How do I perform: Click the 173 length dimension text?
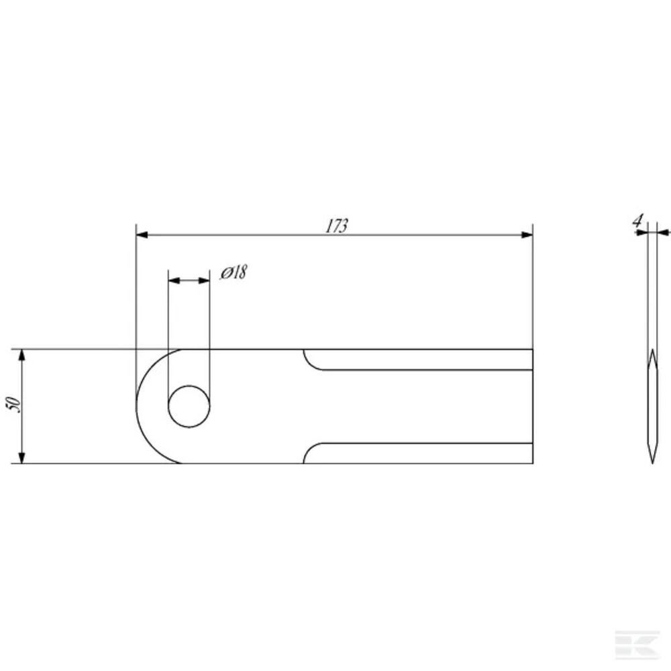(x=337, y=226)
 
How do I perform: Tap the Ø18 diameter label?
(x=234, y=272)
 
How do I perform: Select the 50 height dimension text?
(x=13, y=405)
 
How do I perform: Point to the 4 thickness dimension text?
(x=637, y=221)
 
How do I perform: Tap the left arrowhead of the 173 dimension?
(x=142, y=234)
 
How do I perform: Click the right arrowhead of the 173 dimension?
(x=527, y=234)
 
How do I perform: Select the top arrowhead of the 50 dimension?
(x=22, y=355)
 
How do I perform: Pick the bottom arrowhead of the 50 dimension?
(x=22, y=457)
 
